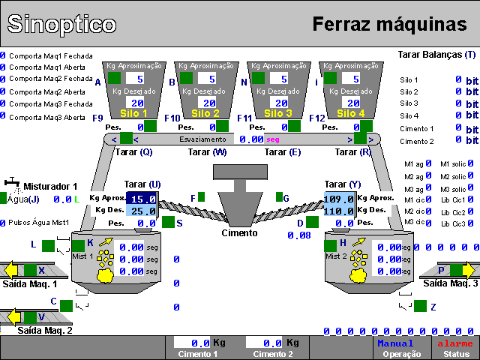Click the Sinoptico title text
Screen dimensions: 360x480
tap(61, 24)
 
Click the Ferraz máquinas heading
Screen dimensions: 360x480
tap(389, 24)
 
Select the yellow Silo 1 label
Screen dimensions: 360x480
tap(134, 113)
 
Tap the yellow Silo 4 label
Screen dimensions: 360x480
tap(351, 113)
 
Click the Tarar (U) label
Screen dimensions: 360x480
tap(142, 184)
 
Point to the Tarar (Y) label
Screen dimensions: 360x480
tap(343, 184)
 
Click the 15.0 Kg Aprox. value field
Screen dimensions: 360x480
tap(142, 199)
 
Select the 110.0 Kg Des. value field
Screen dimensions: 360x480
tap(340, 211)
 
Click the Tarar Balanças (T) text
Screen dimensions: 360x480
tap(436, 55)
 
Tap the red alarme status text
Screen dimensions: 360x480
tap(454, 343)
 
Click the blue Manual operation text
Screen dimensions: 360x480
tap(395, 343)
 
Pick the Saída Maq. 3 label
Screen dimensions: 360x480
tap(450, 283)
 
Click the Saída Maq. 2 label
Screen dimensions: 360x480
tap(45, 330)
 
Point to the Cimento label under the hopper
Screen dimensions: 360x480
tap(239, 232)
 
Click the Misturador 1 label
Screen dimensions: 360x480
tap(50, 186)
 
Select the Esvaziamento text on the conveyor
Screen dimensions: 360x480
tap(202, 139)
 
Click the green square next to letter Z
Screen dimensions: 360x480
tap(420, 306)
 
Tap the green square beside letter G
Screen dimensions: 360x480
tap(279, 198)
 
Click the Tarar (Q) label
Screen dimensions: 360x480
tap(135, 152)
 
